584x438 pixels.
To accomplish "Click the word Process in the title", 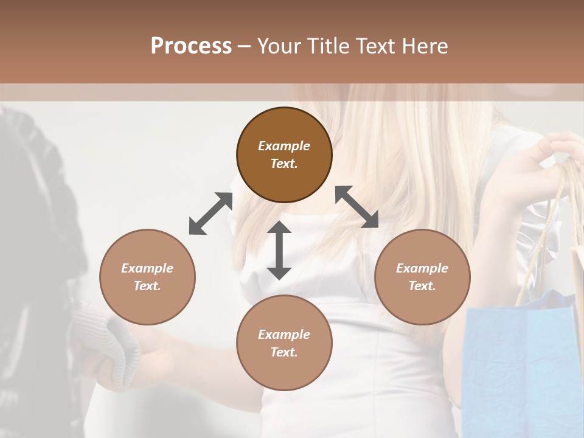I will [191, 46].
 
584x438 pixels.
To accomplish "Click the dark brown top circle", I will [284, 155].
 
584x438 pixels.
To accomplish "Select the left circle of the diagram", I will [147, 277].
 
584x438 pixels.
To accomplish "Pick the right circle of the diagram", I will [422, 277].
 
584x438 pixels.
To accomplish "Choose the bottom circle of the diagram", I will [284, 342].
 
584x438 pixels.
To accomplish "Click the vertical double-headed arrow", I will [279, 250].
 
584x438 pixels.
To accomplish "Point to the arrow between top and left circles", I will [210, 213].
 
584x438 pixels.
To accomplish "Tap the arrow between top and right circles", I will [357, 207].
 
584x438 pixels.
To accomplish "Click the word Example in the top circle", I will [284, 146].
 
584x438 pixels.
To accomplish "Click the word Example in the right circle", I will [422, 268].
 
